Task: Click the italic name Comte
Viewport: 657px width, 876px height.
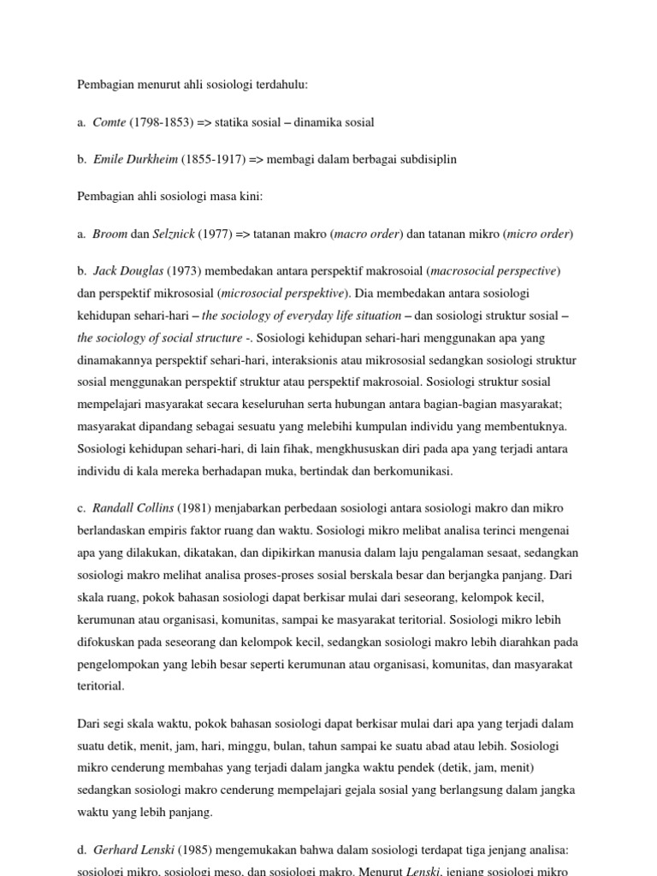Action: [x=109, y=122]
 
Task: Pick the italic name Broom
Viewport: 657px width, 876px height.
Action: [x=109, y=234]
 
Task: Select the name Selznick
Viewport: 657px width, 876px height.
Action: [x=175, y=234]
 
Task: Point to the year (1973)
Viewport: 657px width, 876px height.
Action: [x=186, y=271]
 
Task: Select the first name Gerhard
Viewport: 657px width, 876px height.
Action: [x=115, y=849]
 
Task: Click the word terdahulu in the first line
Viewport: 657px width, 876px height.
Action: [x=278, y=85]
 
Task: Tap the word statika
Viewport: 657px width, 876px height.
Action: [x=231, y=122]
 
